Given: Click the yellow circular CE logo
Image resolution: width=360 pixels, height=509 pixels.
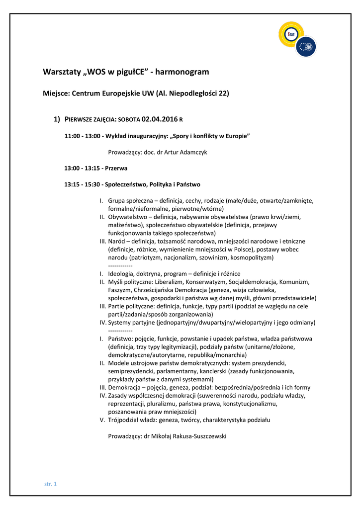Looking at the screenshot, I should point(291,34).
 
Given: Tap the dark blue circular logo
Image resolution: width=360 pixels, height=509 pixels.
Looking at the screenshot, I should point(306,47).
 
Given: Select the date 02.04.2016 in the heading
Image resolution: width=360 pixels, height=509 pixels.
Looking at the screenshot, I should point(159,119).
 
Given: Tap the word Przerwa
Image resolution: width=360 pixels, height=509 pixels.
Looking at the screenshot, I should point(116,168).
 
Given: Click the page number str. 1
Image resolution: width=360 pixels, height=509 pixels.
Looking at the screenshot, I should point(51,484).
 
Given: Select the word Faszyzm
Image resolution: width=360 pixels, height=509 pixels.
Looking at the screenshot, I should point(120,290).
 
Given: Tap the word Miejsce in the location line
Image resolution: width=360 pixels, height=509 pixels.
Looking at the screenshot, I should point(56,93).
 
